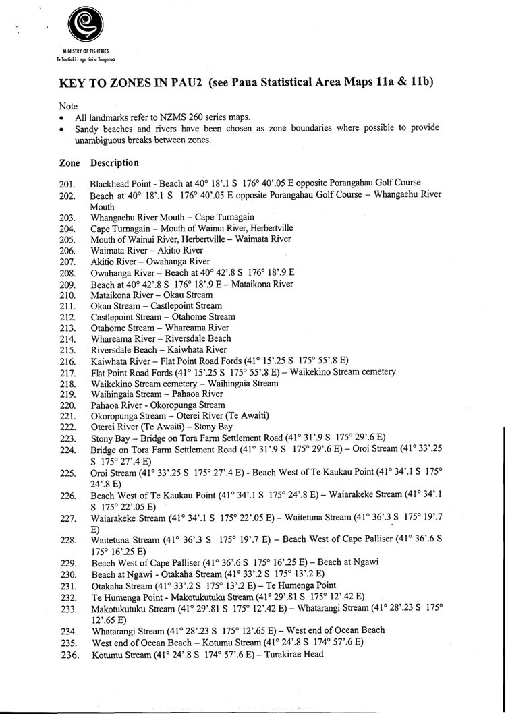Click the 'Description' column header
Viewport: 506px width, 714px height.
click(x=114, y=163)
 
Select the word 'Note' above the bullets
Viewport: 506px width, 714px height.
click(x=68, y=106)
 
